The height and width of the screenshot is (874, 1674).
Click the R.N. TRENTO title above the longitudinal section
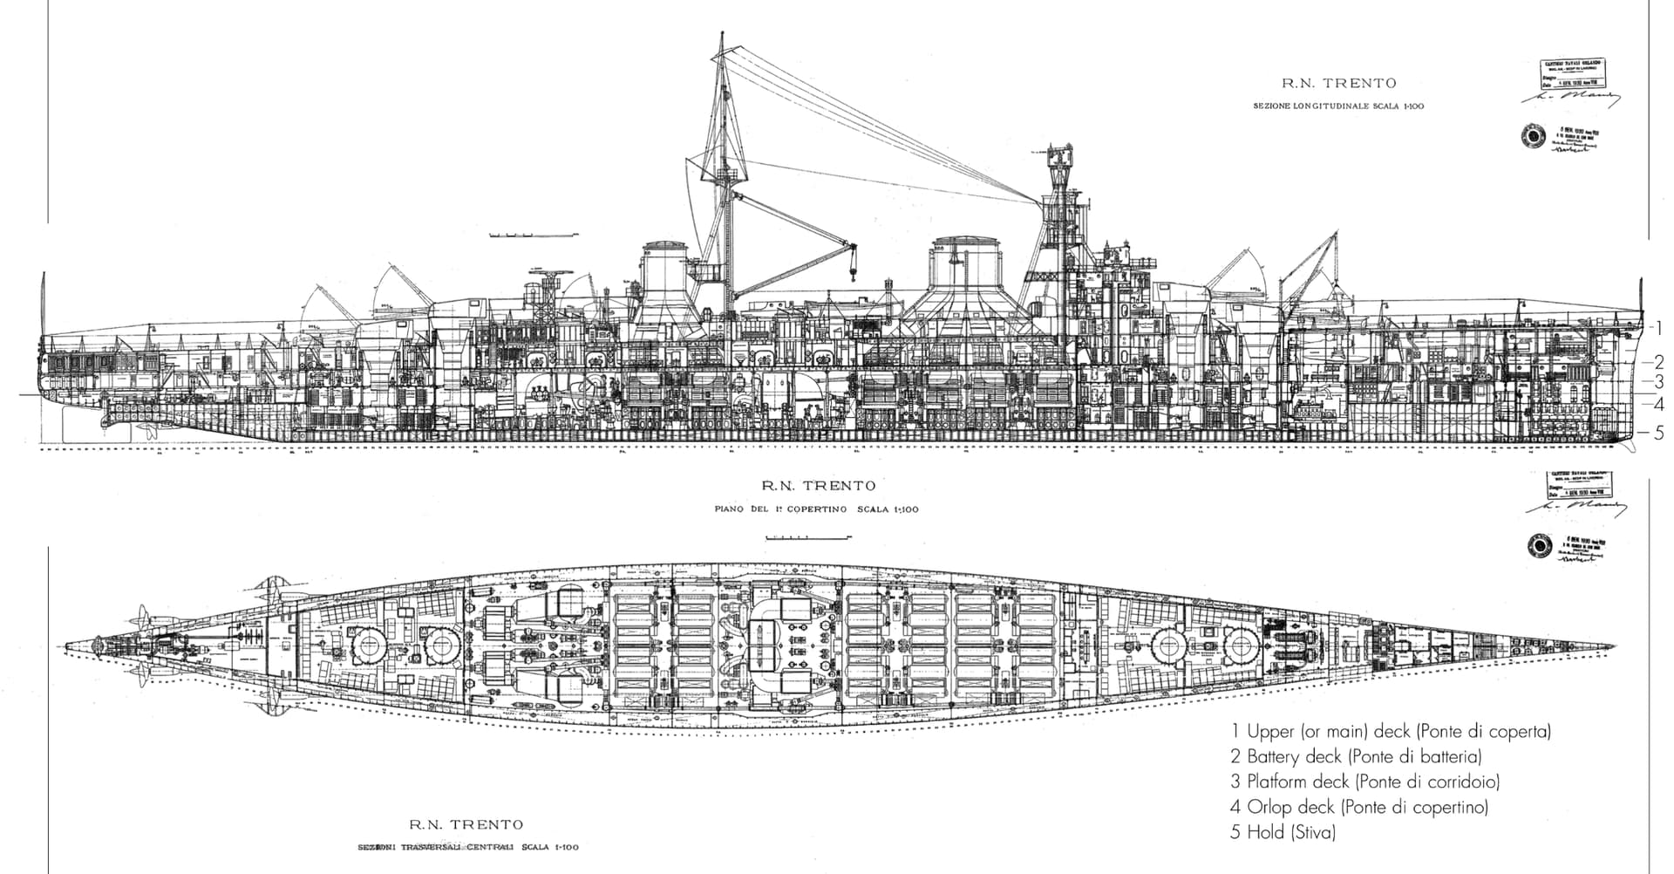coord(1338,84)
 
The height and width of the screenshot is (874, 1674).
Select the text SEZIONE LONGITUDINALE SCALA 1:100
coord(1338,106)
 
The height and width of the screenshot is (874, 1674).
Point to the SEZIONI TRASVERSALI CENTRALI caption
coord(467,847)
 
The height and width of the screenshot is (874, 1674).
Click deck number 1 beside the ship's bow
coord(1658,328)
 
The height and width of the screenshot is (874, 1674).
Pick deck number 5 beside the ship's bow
coord(1658,433)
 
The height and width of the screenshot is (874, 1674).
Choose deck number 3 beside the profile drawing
coord(1658,382)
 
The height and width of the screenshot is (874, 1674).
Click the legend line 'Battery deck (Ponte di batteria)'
coord(1356,756)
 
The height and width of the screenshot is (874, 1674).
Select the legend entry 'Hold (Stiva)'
coord(1283,832)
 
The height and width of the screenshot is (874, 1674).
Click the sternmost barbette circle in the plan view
coord(369,646)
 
